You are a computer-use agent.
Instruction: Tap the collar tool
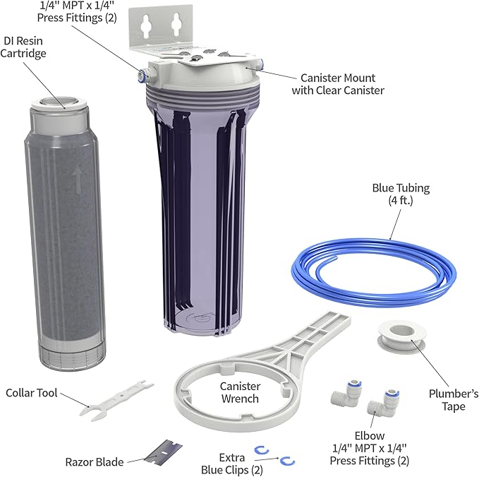tap(116, 396)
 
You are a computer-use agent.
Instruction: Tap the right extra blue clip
tap(286, 461)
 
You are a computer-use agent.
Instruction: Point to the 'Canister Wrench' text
tap(240, 392)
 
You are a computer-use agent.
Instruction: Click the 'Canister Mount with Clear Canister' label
tap(348, 83)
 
